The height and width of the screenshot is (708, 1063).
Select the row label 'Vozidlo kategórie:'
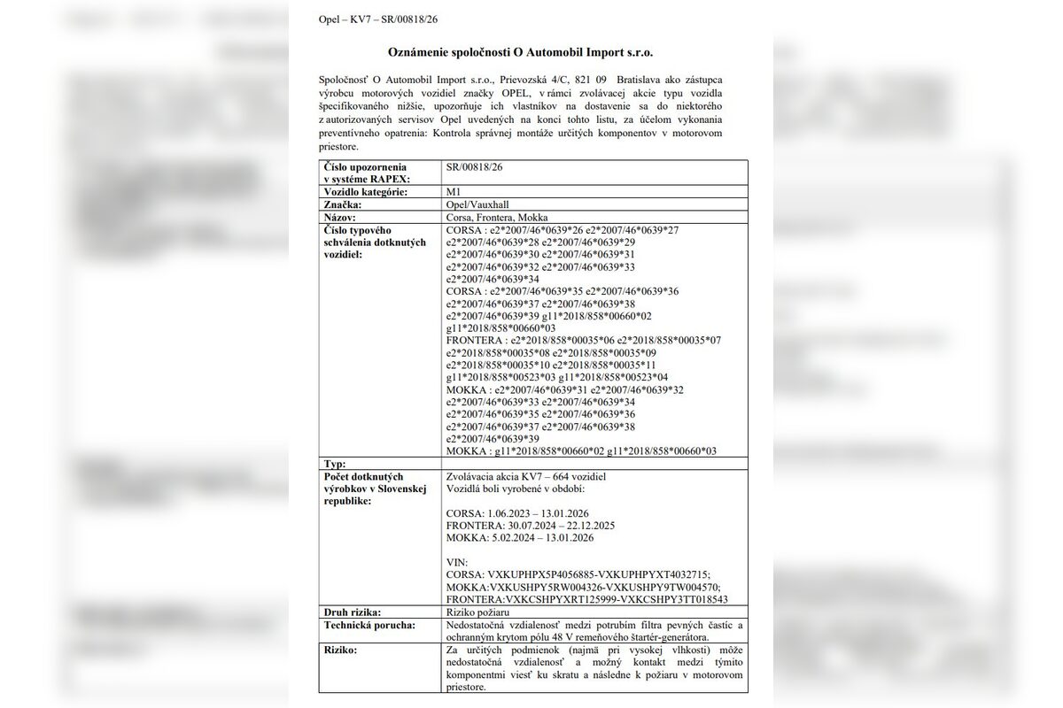(367, 192)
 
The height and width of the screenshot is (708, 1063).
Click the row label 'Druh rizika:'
(353, 612)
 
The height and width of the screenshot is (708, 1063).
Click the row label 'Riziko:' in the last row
(342, 650)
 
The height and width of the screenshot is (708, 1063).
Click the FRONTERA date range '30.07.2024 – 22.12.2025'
(556, 525)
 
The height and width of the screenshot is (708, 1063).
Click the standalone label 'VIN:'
(458, 562)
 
